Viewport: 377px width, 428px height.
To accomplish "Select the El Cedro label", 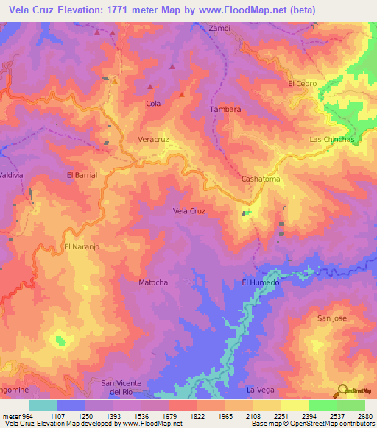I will point(302,83).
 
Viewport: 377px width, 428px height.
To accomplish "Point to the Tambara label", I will point(225,109).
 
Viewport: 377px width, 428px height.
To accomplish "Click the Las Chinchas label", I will point(332,139).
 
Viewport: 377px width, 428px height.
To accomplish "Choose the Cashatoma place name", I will point(261,179).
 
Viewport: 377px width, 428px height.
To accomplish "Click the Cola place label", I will point(153,104).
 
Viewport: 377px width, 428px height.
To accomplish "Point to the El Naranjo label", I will point(80,246).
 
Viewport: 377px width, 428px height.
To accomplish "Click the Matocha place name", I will point(153,282).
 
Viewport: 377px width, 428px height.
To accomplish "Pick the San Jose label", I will point(331,318).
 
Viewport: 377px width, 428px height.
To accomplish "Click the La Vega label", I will point(261,389).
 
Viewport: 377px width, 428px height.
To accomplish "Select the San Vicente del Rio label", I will point(121,388).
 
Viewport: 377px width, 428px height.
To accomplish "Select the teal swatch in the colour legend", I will point(43,405).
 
